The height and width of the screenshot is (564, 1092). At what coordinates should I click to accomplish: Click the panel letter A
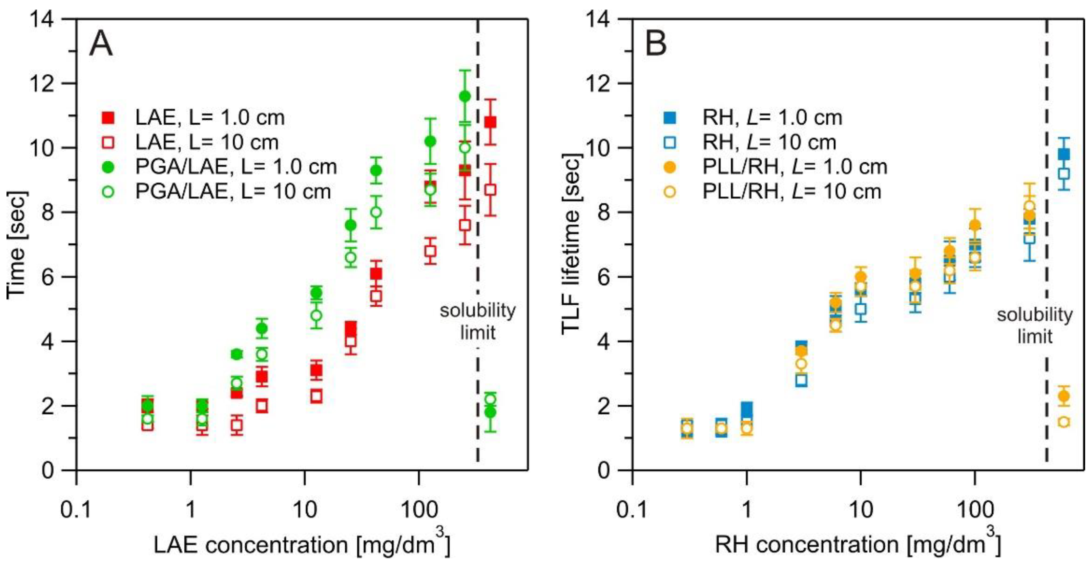point(101,45)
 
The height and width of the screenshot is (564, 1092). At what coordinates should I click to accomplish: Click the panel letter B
point(655,45)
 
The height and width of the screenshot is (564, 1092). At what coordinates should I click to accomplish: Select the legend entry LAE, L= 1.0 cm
point(210,118)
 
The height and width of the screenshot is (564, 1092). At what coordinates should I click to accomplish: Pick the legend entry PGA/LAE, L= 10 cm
point(233,192)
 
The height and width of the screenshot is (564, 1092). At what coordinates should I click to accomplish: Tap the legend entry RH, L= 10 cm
point(769,142)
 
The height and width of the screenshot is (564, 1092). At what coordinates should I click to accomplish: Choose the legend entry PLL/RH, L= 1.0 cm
point(794,167)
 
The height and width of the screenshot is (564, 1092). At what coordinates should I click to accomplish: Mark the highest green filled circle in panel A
point(465,96)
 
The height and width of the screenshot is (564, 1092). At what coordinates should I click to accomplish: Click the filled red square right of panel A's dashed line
point(490,122)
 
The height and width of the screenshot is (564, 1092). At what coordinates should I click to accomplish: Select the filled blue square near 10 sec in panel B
point(1064,154)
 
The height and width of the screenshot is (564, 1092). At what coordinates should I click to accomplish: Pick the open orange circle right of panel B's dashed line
point(1064,421)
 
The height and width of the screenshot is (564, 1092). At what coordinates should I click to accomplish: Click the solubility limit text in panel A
point(478,321)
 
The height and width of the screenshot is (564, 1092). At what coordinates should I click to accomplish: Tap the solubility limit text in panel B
point(1035,326)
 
